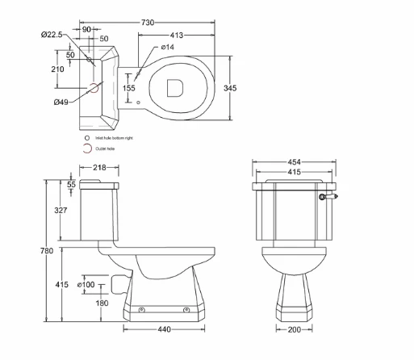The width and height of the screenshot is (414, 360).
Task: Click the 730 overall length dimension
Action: pyautogui.click(x=148, y=23)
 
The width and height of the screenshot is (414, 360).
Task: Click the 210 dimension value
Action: pyautogui.click(x=57, y=69)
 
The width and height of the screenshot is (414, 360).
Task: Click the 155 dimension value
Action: pyautogui.click(x=129, y=88)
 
